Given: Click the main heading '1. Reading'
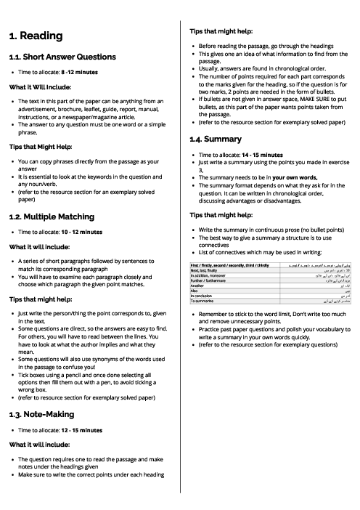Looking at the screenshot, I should pos(36,36).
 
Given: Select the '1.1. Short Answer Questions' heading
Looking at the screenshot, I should pos(62,57).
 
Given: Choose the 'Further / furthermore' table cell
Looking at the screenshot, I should pos(207,280).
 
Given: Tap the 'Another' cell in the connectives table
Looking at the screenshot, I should pos(197,286).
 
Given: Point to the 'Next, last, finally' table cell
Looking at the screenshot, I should pos(204,270).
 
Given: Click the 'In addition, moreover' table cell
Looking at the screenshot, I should pos(208,275).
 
